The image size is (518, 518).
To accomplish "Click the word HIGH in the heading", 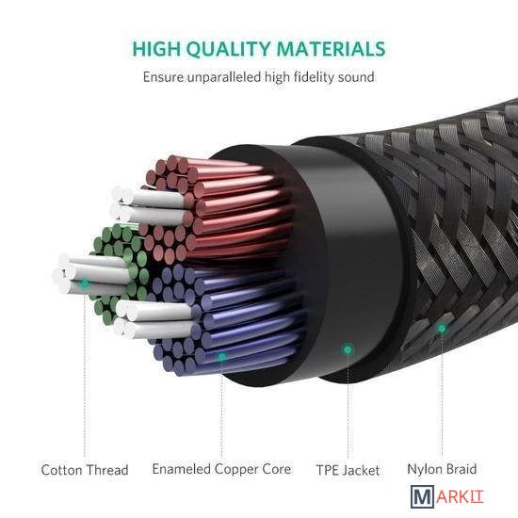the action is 156,49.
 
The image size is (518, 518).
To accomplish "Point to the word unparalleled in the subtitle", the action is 224,77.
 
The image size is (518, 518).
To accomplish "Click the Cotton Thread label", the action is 85,470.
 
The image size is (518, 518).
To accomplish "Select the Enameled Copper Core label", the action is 221,469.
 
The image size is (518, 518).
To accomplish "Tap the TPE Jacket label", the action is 348,470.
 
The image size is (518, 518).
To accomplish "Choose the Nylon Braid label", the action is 442,469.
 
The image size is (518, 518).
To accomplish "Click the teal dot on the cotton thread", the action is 85,283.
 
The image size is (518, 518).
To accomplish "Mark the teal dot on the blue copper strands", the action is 222,356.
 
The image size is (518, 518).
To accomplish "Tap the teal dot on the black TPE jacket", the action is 348,349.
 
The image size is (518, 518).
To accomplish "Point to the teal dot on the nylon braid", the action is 442,329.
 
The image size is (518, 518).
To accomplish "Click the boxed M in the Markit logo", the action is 422,496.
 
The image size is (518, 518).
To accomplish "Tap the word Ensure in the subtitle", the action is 163,77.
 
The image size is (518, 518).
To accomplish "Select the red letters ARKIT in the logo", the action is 460,496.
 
